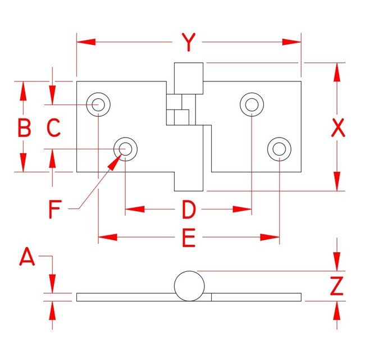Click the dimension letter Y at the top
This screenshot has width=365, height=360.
(189, 42)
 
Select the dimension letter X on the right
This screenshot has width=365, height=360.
(337, 129)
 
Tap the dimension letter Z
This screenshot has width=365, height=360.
(337, 286)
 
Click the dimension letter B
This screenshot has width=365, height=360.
(24, 129)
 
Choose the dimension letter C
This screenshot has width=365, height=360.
(53, 129)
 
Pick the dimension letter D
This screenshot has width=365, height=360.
(188, 210)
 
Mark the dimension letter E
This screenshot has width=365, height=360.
(188, 239)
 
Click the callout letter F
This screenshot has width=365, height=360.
(54, 209)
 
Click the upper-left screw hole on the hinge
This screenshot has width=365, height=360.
(98, 104)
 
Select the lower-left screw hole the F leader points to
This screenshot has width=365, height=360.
(125, 149)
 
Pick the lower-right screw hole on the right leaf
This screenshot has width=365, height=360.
(279, 149)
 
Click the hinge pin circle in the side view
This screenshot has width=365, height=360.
(189, 285)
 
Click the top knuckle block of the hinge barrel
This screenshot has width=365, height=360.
(188, 78)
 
